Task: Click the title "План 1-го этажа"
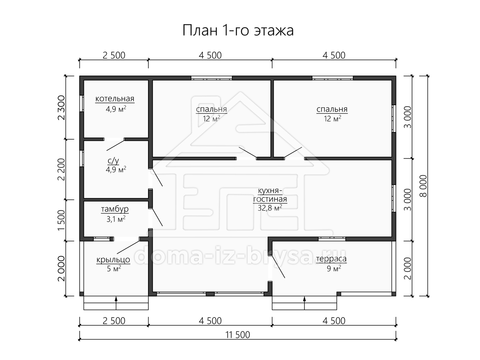point(238,30)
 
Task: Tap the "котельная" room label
point(115,99)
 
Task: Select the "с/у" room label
point(114,161)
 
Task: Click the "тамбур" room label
point(115,209)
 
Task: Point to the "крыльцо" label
point(113,260)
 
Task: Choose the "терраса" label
point(331,259)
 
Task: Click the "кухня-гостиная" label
point(270,195)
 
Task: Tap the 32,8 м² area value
point(270,208)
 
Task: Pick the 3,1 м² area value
point(116,219)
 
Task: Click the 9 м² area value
point(334,268)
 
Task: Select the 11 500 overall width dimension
point(238,335)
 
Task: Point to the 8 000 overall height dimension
point(424,186)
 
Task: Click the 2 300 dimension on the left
point(62,108)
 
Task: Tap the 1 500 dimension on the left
point(62,220)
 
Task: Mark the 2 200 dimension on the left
point(62,169)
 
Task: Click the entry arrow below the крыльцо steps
point(116,303)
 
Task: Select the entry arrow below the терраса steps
point(304,303)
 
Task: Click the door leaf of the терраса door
point(278,266)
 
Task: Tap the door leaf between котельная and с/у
point(116,145)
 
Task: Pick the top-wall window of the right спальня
point(333,78)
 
